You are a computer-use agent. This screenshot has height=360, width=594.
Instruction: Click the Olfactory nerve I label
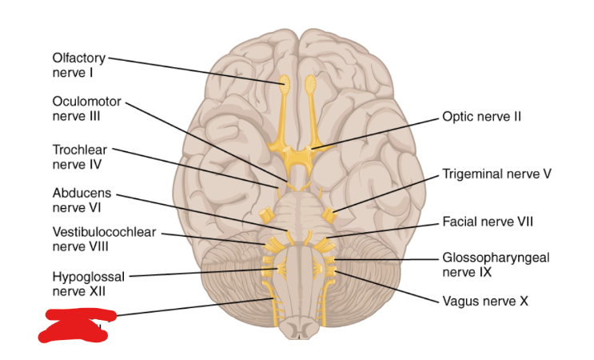pyautogui.click(x=78, y=65)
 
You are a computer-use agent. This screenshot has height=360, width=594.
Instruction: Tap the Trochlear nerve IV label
pyautogui.click(x=79, y=157)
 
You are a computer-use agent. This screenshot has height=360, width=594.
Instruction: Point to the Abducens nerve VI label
pyautogui.click(x=82, y=201)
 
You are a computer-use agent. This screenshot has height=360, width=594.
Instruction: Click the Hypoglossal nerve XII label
pyautogui.click(x=89, y=283)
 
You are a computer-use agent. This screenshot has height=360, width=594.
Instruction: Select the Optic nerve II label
pyautogui.click(x=481, y=117)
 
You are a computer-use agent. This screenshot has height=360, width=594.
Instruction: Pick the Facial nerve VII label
pyautogui.click(x=488, y=221)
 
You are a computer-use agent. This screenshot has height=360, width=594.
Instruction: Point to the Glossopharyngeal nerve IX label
pyautogui.click(x=496, y=264)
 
